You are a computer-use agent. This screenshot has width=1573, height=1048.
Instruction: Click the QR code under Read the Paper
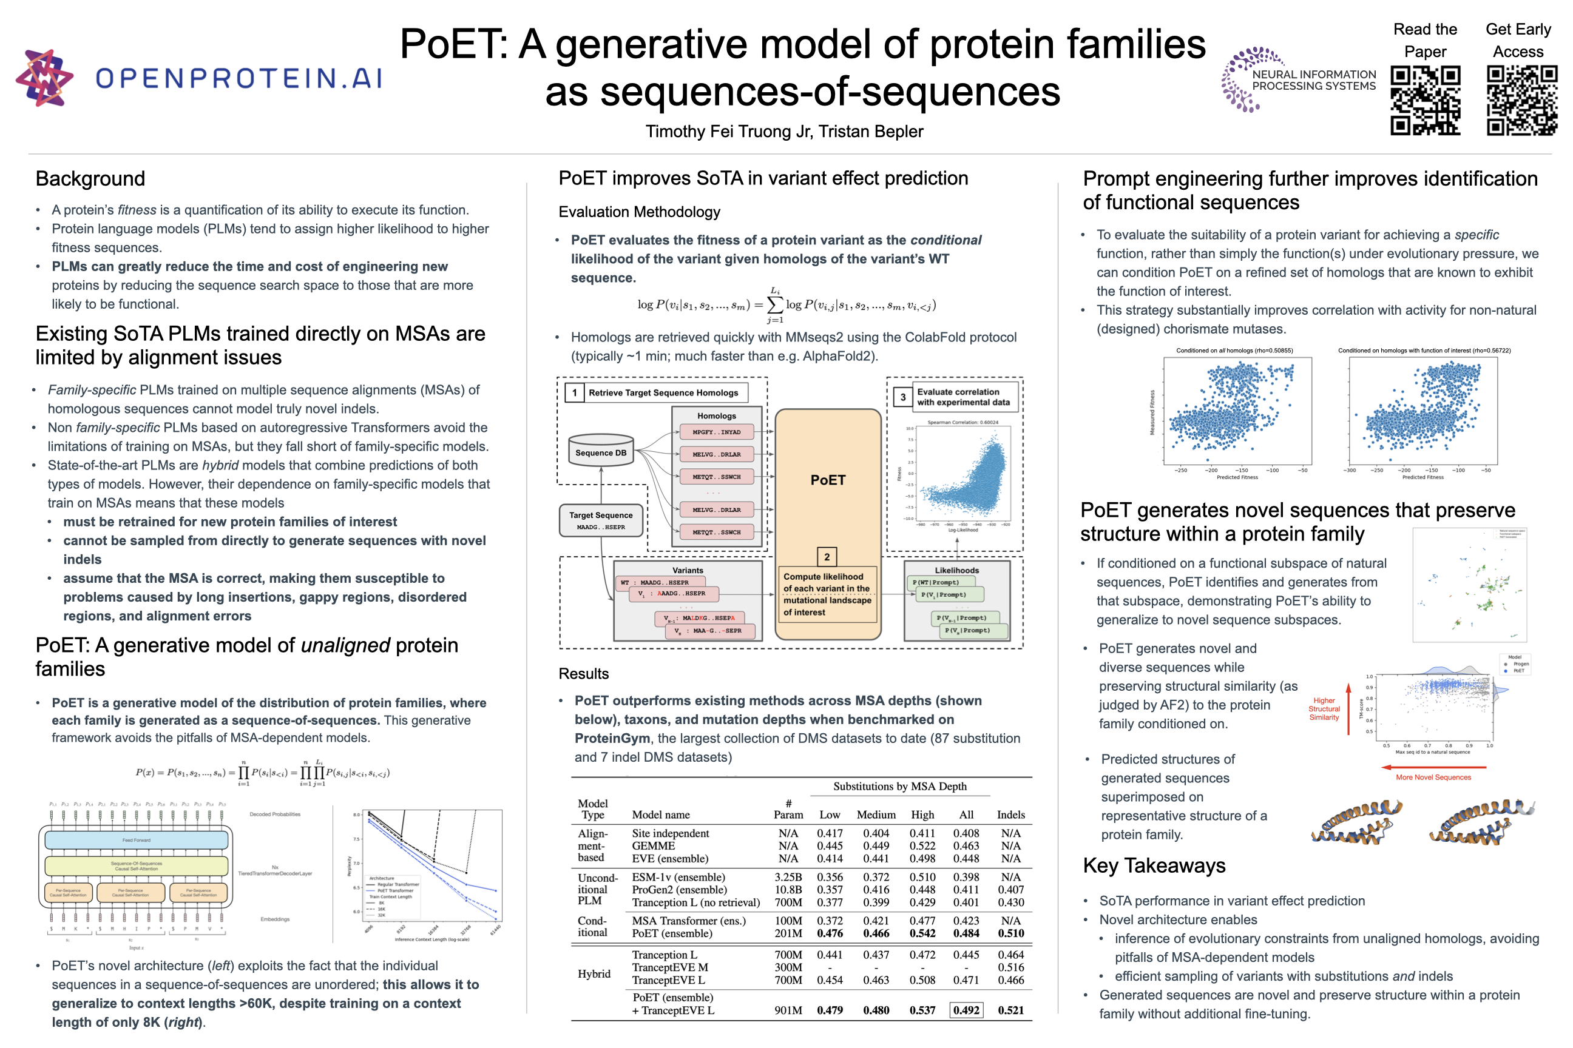pyautogui.click(x=1424, y=99)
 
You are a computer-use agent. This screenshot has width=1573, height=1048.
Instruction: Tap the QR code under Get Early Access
pyautogui.click(x=1521, y=99)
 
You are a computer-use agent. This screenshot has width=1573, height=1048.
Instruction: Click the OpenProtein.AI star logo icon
pyautogui.click(x=44, y=78)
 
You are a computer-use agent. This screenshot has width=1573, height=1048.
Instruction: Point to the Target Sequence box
pyautogui.click(x=601, y=520)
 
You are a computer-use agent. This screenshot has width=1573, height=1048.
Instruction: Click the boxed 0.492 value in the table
pyautogui.click(x=966, y=1010)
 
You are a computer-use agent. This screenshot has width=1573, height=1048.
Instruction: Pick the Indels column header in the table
pyautogui.click(x=1010, y=814)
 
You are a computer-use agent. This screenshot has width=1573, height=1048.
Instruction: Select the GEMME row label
pyautogui.click(x=654, y=845)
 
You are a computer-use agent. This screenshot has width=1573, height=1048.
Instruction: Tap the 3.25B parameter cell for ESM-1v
pyautogui.click(x=788, y=877)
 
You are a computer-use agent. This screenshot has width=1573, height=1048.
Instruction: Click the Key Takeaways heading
pyautogui.click(x=1154, y=865)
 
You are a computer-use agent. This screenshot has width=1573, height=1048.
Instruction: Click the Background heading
pyautogui.click(x=90, y=178)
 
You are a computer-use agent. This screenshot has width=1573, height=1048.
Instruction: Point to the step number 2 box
pyautogui.click(x=827, y=556)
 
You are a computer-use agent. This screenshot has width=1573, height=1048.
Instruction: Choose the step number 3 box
pyautogui.click(x=903, y=397)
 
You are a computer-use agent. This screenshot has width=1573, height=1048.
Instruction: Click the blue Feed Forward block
pyautogui.click(x=137, y=839)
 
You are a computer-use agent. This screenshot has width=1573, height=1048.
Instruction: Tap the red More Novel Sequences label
pyautogui.click(x=1433, y=778)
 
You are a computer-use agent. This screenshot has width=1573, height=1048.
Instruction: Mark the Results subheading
pyautogui.click(x=583, y=674)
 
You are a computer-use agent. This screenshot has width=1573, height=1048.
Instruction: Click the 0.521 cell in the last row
pyautogui.click(x=1010, y=1010)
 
